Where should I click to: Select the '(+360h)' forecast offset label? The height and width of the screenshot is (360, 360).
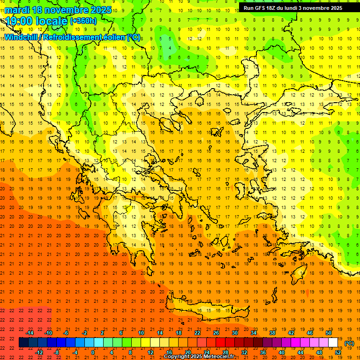(x=83, y=21)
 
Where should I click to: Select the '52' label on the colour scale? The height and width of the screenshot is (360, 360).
(x=338, y=352)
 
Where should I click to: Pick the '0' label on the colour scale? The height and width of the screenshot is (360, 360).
(x=93, y=352)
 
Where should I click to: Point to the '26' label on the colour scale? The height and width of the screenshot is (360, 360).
(x=216, y=333)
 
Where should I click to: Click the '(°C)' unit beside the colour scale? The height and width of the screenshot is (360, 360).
(x=349, y=343)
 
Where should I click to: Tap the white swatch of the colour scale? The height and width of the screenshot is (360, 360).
(x=333, y=343)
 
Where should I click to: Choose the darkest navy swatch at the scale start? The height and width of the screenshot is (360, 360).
(x=23, y=343)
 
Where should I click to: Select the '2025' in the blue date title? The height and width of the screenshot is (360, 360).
(x=101, y=10)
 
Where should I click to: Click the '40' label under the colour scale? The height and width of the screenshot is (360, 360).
(x=282, y=352)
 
